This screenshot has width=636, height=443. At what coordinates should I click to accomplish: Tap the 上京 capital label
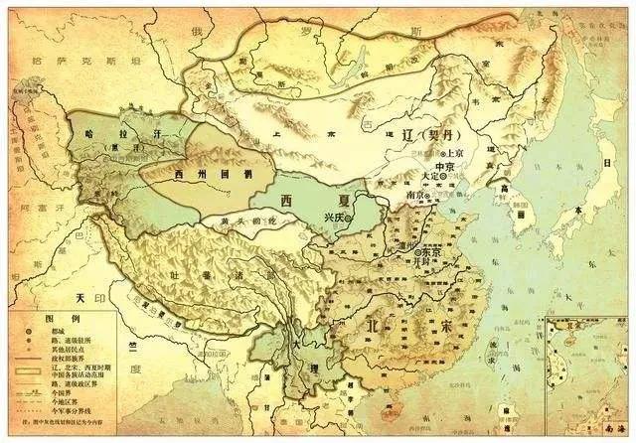point(456,153)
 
